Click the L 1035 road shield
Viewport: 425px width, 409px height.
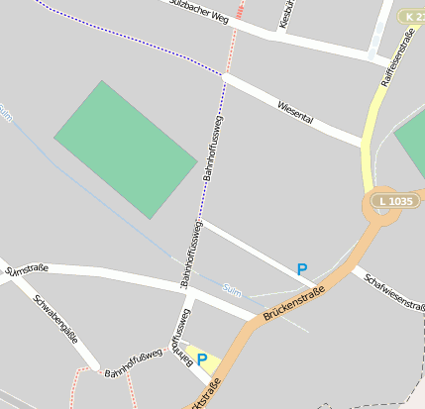(x=393, y=201)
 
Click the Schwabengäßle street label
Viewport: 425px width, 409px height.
(x=55, y=318)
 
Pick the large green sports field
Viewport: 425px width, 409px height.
(x=125, y=150)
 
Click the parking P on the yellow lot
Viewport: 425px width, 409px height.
(x=202, y=359)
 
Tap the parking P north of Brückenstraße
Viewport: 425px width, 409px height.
(x=302, y=268)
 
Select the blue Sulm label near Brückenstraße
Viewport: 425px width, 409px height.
(x=232, y=290)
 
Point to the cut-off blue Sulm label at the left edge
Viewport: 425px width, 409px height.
(x=6, y=116)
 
